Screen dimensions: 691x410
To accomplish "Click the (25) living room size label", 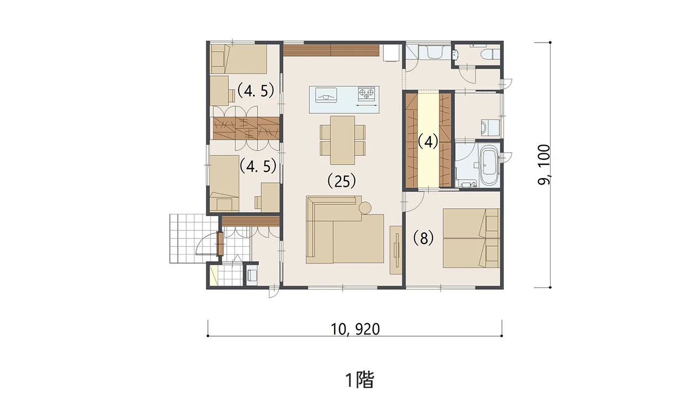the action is tap(342, 181).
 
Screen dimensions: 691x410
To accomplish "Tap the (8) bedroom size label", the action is tap(423, 238).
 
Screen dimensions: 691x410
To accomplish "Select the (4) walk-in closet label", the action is tap(428, 142).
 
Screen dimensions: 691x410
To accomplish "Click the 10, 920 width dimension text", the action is tap(355, 329).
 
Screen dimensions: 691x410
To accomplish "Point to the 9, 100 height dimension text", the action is tap(544, 165).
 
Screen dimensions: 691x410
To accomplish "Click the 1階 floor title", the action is tap(360, 380).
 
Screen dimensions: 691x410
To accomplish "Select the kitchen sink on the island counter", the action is tap(326, 95).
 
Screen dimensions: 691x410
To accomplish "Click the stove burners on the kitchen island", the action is tap(367, 94).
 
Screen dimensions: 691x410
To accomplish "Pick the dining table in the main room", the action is tap(342, 140).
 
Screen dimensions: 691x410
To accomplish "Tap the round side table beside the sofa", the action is tap(366, 208).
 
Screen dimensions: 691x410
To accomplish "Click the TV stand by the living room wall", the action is tap(396, 250).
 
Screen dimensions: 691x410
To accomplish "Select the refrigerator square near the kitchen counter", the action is tap(391, 53).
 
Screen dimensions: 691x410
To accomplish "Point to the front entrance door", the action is tap(220, 244).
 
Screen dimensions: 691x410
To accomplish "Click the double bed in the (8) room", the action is tap(471, 238).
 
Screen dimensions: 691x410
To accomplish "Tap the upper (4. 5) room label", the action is tap(255, 90).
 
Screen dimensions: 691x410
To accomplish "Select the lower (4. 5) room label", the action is tap(258, 166).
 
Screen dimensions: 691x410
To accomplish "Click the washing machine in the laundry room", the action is tap(490, 128).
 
